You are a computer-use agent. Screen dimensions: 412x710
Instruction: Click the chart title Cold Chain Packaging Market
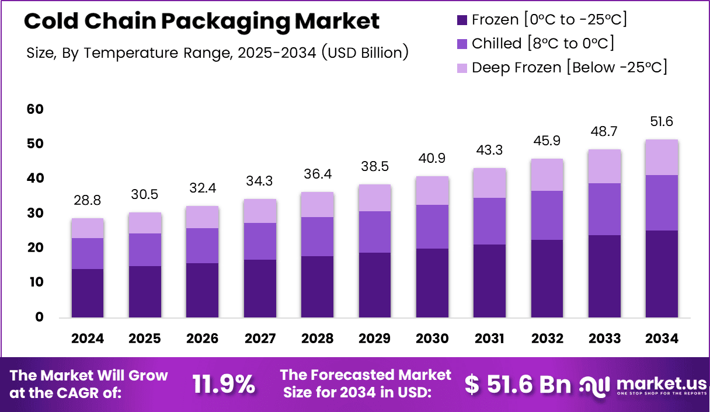(x=202, y=22)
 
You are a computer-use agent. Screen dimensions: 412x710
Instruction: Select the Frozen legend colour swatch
(x=462, y=20)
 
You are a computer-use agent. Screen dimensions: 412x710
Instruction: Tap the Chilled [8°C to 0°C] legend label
(x=542, y=43)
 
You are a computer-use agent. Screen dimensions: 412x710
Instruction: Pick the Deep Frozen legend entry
(x=569, y=67)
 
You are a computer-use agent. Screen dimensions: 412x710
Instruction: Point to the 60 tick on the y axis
(x=34, y=109)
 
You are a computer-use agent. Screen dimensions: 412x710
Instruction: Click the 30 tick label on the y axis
(x=34, y=214)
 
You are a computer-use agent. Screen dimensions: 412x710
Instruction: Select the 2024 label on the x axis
(x=88, y=339)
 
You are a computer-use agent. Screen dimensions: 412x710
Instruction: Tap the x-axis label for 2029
(x=375, y=339)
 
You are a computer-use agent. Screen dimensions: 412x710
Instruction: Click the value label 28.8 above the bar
(x=88, y=201)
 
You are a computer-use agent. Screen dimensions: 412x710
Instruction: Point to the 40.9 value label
(x=433, y=158)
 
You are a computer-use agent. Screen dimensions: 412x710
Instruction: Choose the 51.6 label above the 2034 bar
(x=662, y=121)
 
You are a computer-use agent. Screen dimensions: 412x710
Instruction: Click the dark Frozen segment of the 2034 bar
(x=662, y=274)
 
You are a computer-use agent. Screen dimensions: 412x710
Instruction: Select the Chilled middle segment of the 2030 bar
(x=433, y=226)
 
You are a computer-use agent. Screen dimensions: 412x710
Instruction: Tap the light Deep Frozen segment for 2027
(x=260, y=211)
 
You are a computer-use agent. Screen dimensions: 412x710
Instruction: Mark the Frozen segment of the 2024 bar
(x=88, y=293)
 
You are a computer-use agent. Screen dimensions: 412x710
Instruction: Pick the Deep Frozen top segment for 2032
(x=547, y=174)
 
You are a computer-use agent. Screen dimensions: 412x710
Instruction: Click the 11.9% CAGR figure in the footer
(x=224, y=384)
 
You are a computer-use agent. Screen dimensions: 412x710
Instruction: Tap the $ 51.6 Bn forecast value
(x=517, y=384)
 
